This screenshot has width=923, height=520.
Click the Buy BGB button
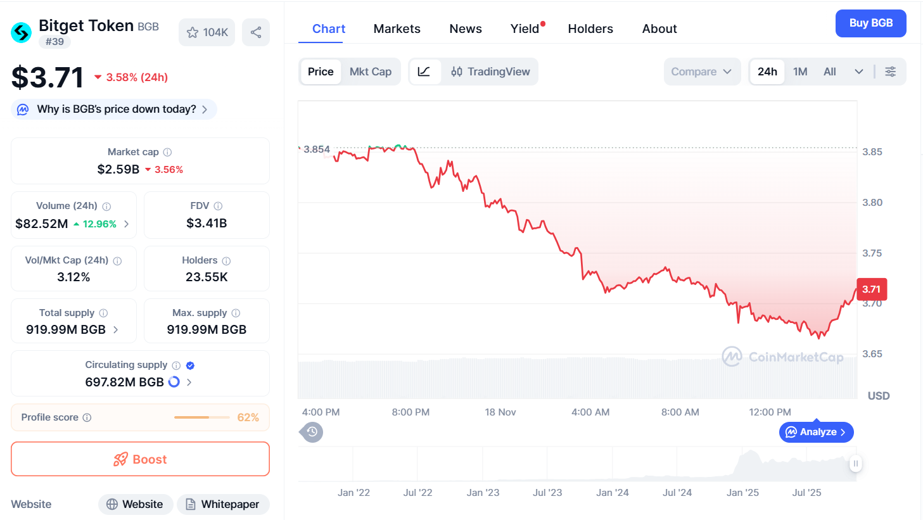[x=870, y=23]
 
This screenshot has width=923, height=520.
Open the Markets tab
[x=397, y=29]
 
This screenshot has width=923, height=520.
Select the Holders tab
[x=590, y=29]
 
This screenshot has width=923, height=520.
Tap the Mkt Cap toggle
[x=370, y=72]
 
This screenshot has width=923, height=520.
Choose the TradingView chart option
[x=490, y=72]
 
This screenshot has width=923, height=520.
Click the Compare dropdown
[x=701, y=72]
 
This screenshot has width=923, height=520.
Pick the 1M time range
[x=799, y=72]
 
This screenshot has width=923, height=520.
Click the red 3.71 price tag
[x=871, y=289]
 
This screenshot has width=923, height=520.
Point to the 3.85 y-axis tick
[x=872, y=152]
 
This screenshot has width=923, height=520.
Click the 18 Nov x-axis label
[x=500, y=412]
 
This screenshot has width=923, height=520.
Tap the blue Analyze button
[x=816, y=432]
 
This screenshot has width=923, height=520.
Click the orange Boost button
[x=140, y=459]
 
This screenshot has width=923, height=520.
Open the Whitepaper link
[x=222, y=504]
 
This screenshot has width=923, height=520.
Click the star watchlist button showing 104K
[x=207, y=32]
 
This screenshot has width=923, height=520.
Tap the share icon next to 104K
[x=256, y=32]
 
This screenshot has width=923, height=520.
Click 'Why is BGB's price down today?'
[x=116, y=109]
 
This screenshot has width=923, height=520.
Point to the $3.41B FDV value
[x=207, y=223]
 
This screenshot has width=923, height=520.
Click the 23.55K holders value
[x=207, y=277]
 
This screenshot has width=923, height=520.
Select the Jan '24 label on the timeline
[x=612, y=493]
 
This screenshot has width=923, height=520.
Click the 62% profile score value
[x=248, y=417]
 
